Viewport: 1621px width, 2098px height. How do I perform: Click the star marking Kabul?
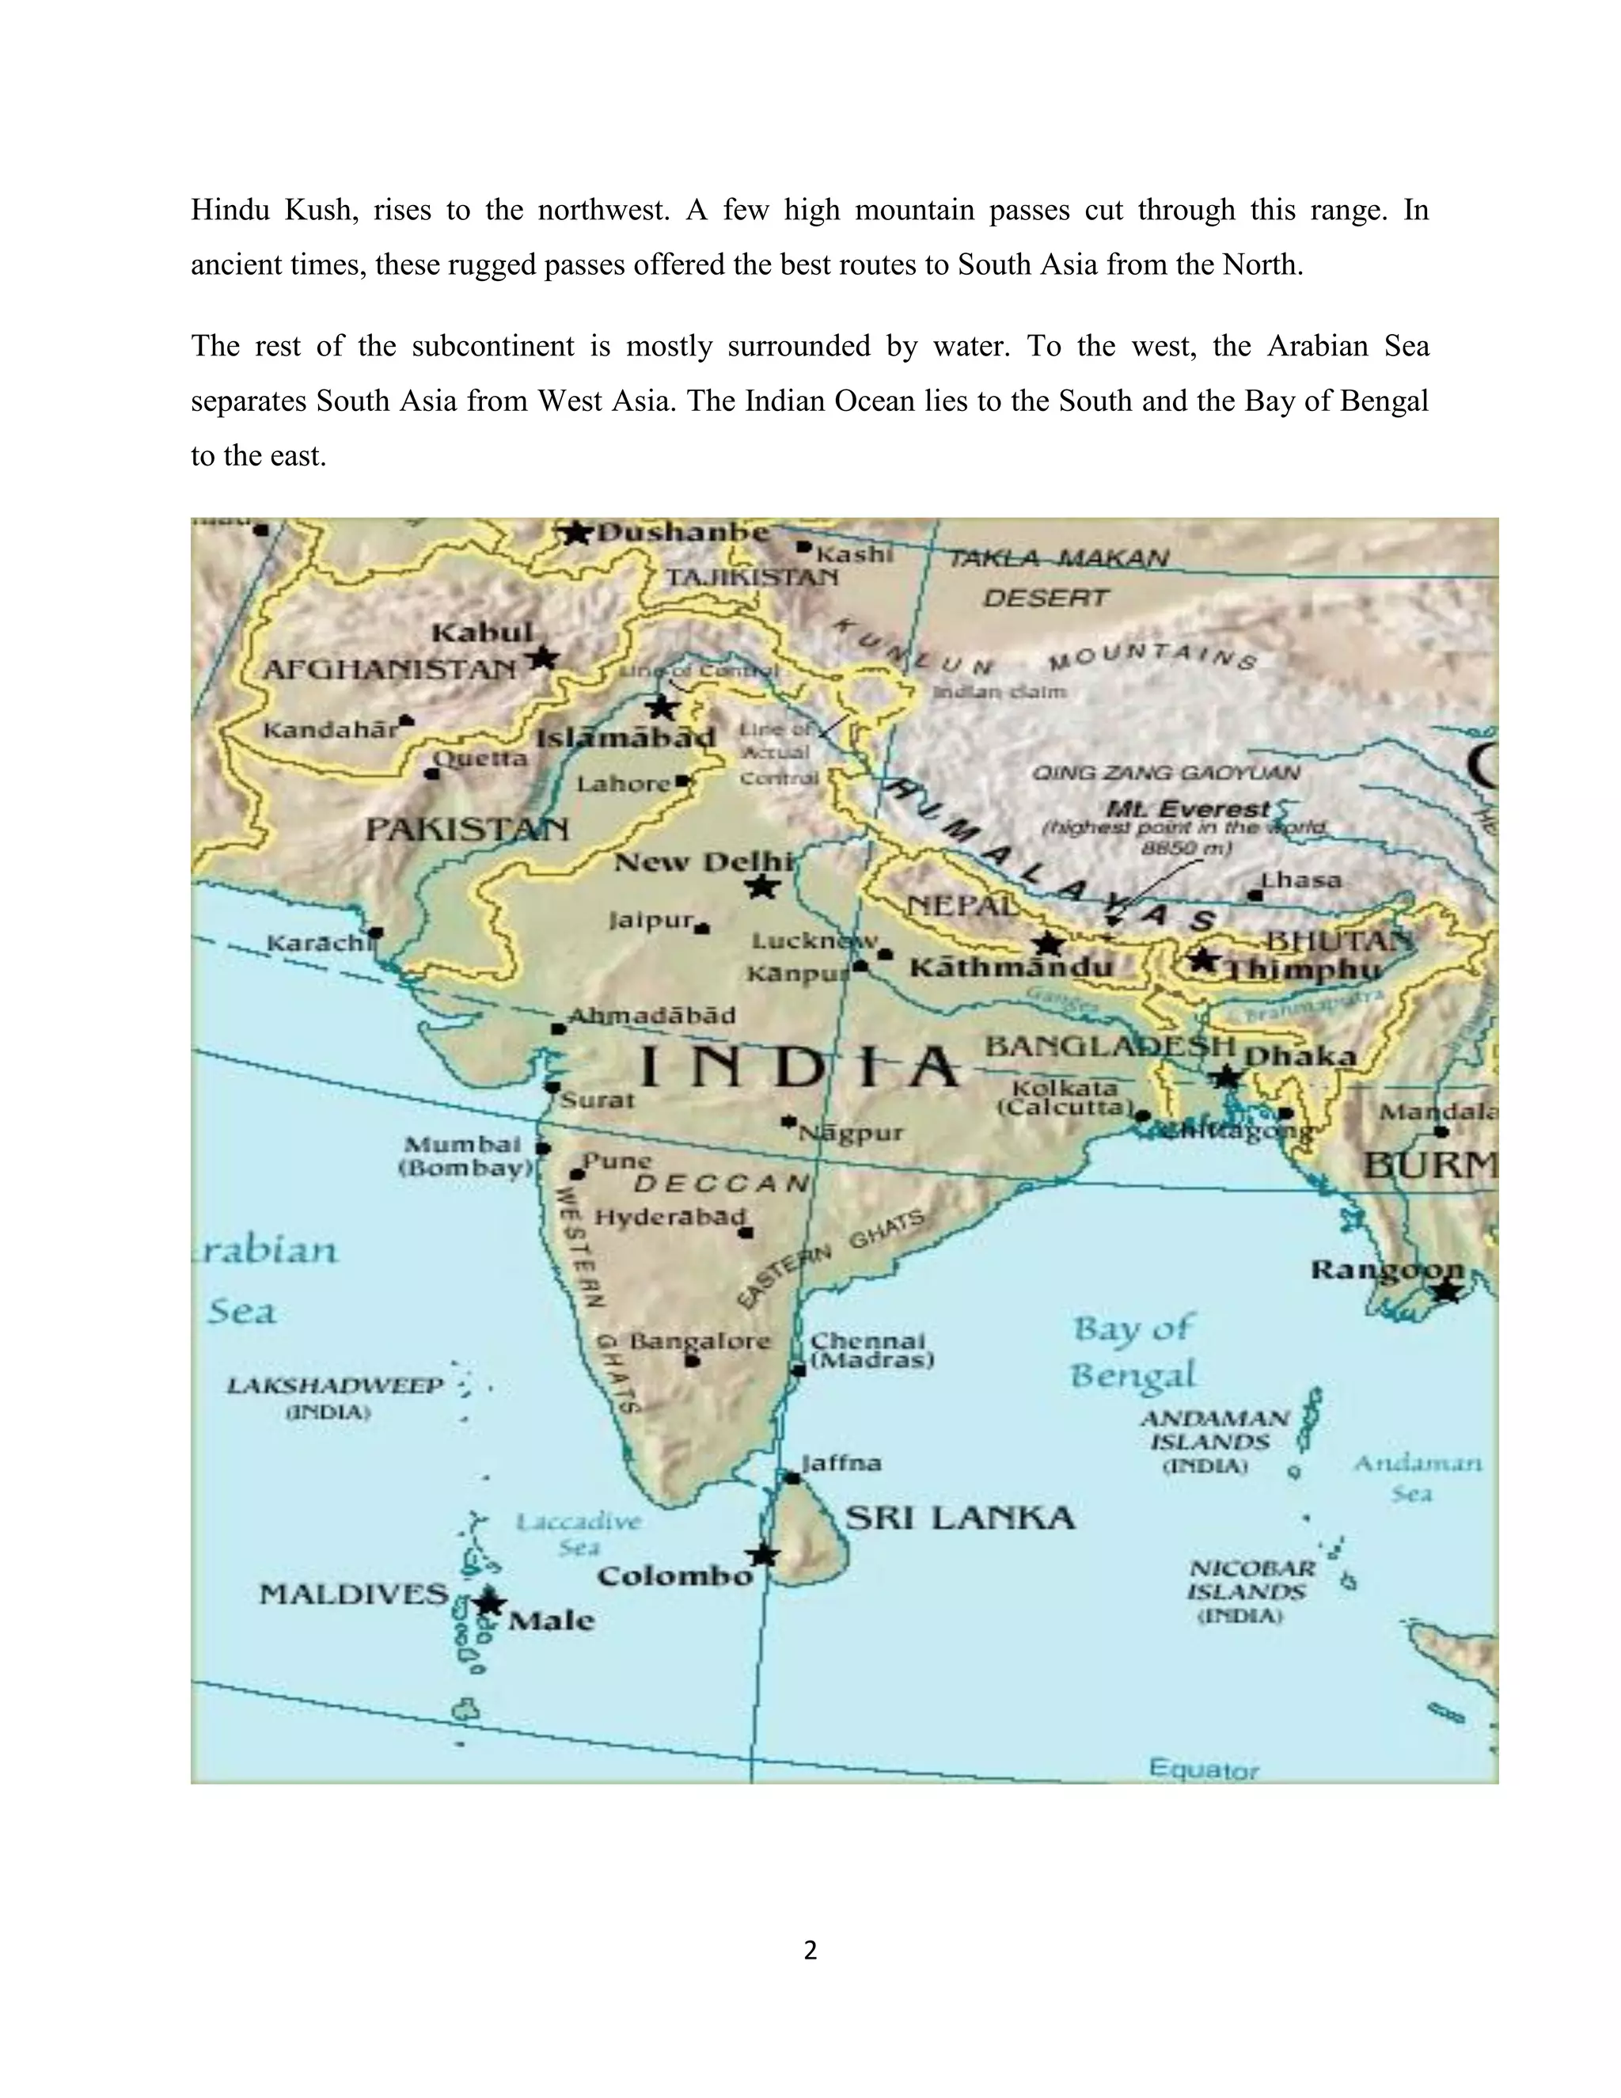542,658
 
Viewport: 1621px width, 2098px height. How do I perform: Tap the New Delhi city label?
704,861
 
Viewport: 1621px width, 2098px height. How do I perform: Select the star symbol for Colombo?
762,1553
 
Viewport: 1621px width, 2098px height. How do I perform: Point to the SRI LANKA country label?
959,1518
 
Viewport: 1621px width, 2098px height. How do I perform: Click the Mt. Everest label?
1188,809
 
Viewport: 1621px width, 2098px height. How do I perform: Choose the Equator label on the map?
1203,1769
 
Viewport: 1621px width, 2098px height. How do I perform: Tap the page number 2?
810,1950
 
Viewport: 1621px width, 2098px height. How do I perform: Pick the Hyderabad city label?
670,1217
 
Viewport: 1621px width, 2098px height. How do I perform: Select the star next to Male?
489,1602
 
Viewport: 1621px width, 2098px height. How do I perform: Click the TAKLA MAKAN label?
1058,558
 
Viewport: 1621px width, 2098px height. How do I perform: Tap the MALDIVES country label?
353,1594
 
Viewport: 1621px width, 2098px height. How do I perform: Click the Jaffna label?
841,1463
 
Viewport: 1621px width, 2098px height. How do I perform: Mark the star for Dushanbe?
575,532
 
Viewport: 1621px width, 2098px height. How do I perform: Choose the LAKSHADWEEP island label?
335,1385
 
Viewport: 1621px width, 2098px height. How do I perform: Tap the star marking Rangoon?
1446,1292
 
